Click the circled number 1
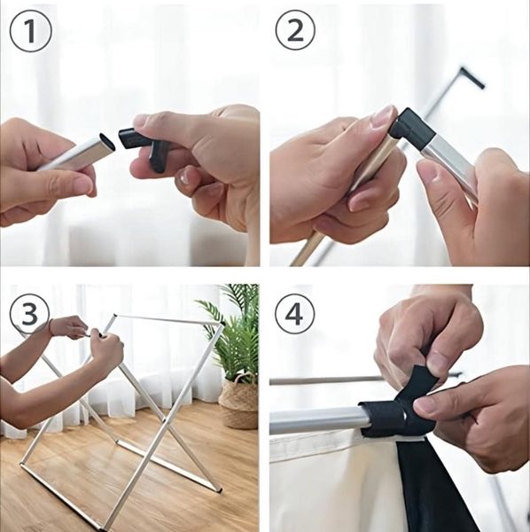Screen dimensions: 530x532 [x=30, y=31]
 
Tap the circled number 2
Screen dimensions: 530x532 [x=295, y=30]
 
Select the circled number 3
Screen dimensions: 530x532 [x=29, y=313]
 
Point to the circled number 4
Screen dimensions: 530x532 [x=294, y=314]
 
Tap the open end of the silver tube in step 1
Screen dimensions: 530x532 [x=107, y=142]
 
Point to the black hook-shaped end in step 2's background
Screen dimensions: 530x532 [x=472, y=78]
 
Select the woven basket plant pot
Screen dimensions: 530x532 [x=238, y=403]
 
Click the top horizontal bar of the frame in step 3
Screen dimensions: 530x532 [x=168, y=319]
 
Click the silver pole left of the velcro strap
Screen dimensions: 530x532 [x=317, y=420]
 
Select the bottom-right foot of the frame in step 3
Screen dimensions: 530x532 [x=220, y=489]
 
